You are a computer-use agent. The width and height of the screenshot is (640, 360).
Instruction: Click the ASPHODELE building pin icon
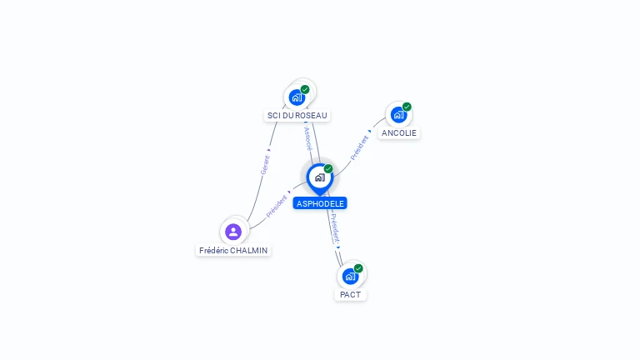coord(318,177)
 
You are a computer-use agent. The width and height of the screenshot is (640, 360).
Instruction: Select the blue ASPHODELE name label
coord(320,203)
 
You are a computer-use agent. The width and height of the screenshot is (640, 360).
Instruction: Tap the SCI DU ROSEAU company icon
coord(297,97)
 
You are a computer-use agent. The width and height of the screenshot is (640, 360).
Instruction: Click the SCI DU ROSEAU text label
coord(297,116)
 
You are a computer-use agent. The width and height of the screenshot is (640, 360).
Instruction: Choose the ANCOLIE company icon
coord(398,114)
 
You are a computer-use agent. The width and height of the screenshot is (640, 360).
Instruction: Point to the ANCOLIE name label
coord(399,133)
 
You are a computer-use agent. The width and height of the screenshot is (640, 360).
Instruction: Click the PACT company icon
coord(350,276)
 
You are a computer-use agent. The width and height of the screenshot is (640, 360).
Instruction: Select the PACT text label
coord(351,295)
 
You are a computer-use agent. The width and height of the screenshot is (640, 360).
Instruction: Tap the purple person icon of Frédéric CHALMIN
coord(233,232)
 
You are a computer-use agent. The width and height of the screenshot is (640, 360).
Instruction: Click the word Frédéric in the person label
coord(216,250)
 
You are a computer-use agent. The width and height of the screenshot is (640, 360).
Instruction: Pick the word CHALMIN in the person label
coord(252,250)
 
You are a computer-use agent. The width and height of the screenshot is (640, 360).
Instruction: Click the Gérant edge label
coord(265,164)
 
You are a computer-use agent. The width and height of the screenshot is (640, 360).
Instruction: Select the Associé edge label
coord(307,138)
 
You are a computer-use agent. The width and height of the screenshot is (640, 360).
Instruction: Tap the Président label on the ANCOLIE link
coord(359,148)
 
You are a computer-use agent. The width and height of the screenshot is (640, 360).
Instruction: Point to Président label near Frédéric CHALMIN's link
coord(276,207)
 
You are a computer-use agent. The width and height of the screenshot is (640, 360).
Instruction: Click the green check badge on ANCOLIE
coord(407,107)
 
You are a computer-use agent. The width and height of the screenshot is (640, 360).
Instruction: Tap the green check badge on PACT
coord(358,268)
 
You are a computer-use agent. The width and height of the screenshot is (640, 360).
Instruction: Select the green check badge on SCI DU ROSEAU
coord(305,89)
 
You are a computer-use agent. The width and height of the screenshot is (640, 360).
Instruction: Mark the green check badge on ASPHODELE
coord(328,169)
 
